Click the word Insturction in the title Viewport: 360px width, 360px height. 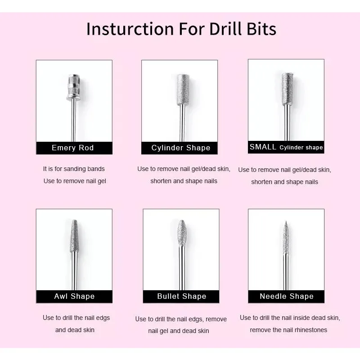coord(130,29)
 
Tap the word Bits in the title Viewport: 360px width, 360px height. coord(261,29)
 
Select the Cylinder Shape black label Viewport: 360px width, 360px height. coord(180,148)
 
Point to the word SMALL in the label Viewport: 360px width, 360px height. coord(263,147)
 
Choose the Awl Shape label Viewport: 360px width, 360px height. coord(74,297)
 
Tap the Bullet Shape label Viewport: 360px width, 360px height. coord(181,297)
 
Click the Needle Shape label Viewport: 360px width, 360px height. coord(286,297)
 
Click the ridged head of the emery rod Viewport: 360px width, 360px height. coord(74,87)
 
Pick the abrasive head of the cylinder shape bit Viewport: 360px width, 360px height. coord(183,90)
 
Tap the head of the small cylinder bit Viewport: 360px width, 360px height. coord(287,89)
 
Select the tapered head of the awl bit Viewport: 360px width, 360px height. coord(74,236)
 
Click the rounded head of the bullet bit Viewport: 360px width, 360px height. coord(182,233)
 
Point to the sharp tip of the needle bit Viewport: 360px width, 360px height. coord(286,221)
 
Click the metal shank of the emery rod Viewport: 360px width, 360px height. coord(73,121)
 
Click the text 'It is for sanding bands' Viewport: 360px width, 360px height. coord(74,169)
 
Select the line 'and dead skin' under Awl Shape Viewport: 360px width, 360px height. coord(75,330)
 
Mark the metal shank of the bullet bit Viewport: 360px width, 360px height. coord(182,268)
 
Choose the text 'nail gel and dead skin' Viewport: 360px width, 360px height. coord(179,331)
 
